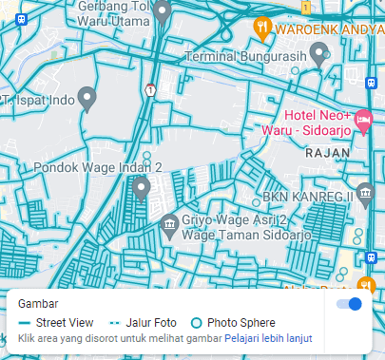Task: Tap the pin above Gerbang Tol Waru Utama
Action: pyautogui.click(x=162, y=11)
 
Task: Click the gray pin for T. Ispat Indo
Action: pyautogui.click(x=87, y=96)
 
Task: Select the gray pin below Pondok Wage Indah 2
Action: pyautogui.click(x=142, y=188)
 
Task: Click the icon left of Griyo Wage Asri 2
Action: pyautogui.click(x=169, y=225)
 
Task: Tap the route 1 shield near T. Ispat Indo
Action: pyautogui.click(x=150, y=89)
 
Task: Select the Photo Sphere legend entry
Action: pyautogui.click(x=233, y=323)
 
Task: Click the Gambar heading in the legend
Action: pyautogui.click(x=38, y=304)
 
